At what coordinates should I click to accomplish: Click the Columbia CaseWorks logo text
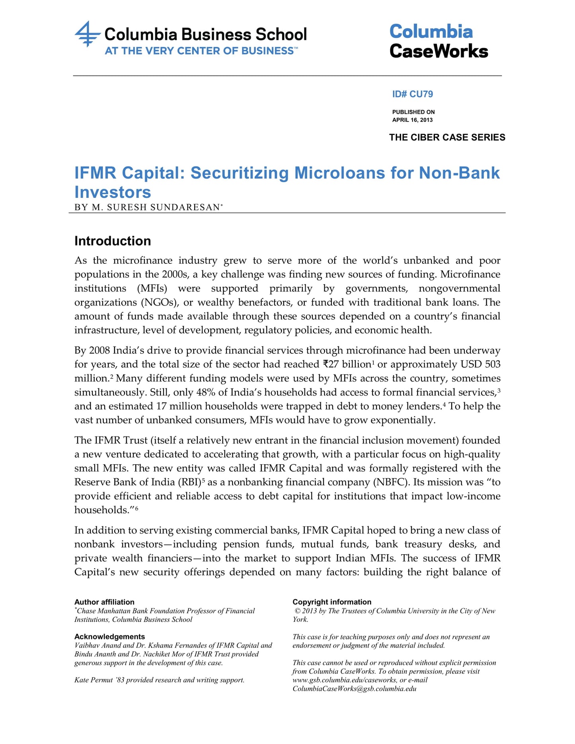point(438,41)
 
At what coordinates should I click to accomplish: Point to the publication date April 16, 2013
point(412,120)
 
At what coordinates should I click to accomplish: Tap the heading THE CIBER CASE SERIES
point(447,138)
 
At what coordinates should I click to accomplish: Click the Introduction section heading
point(113,241)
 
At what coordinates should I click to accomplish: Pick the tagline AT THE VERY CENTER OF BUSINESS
point(199,51)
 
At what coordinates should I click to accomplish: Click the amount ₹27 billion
point(347,364)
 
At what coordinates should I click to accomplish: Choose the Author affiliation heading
point(104,602)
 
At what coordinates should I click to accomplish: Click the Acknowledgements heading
point(109,637)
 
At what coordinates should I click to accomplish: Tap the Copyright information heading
point(332,602)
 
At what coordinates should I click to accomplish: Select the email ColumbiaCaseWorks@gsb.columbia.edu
point(354,689)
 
